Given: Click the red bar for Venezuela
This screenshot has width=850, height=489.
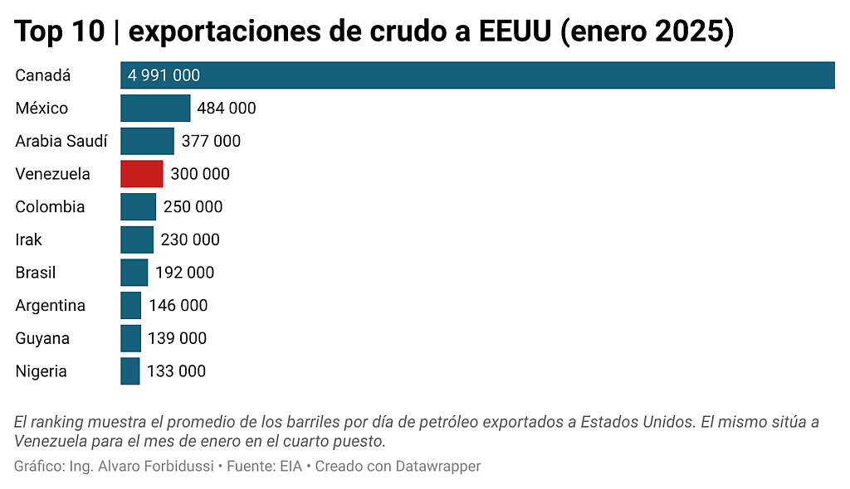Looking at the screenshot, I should tap(142, 174).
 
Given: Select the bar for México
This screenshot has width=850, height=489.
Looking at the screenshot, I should tap(155, 109).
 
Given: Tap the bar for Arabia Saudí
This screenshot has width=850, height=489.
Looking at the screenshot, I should tap(147, 141).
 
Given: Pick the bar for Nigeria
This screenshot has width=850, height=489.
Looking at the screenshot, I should tap(130, 371).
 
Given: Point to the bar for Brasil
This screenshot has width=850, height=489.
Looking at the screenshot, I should tap(134, 273).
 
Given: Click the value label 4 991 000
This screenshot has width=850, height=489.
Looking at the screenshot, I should tap(164, 75).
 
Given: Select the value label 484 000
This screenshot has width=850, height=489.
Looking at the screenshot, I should tap(227, 109).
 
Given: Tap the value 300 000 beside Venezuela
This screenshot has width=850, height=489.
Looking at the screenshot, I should tap(200, 174).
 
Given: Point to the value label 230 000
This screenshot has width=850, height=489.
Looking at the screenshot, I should tap(190, 240).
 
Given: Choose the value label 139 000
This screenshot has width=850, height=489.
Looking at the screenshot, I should tap(177, 338).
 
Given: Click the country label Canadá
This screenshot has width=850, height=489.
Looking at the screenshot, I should tap(43, 75).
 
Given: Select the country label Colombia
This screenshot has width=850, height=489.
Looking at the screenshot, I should tap(50, 206).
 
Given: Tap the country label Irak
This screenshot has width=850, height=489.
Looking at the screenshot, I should tap(28, 240).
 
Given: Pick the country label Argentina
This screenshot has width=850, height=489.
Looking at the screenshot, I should tap(50, 306).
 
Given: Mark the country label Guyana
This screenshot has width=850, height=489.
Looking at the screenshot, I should tap(42, 338).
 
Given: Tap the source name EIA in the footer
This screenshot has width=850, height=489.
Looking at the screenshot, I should tap(290, 467).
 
